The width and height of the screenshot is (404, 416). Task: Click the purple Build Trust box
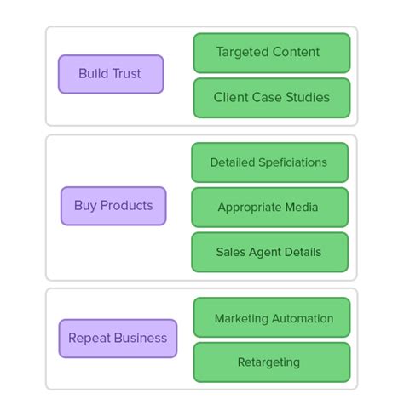110,74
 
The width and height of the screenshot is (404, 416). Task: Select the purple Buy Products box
113,206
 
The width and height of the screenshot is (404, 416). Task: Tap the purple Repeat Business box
118,339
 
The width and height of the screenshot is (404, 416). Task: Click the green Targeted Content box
271,53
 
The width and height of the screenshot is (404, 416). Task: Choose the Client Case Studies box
271,98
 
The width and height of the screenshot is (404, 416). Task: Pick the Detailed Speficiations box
268,162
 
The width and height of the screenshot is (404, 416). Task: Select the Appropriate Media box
268,208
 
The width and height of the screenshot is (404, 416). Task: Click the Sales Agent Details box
268,253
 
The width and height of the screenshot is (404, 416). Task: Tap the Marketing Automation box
273,318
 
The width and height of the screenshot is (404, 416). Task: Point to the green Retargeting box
271,362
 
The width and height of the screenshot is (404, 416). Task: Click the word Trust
125,74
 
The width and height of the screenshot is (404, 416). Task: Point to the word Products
127,206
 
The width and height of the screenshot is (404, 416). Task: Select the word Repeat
89,339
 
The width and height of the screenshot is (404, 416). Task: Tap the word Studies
307,98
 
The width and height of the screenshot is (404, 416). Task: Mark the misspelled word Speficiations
290,162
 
